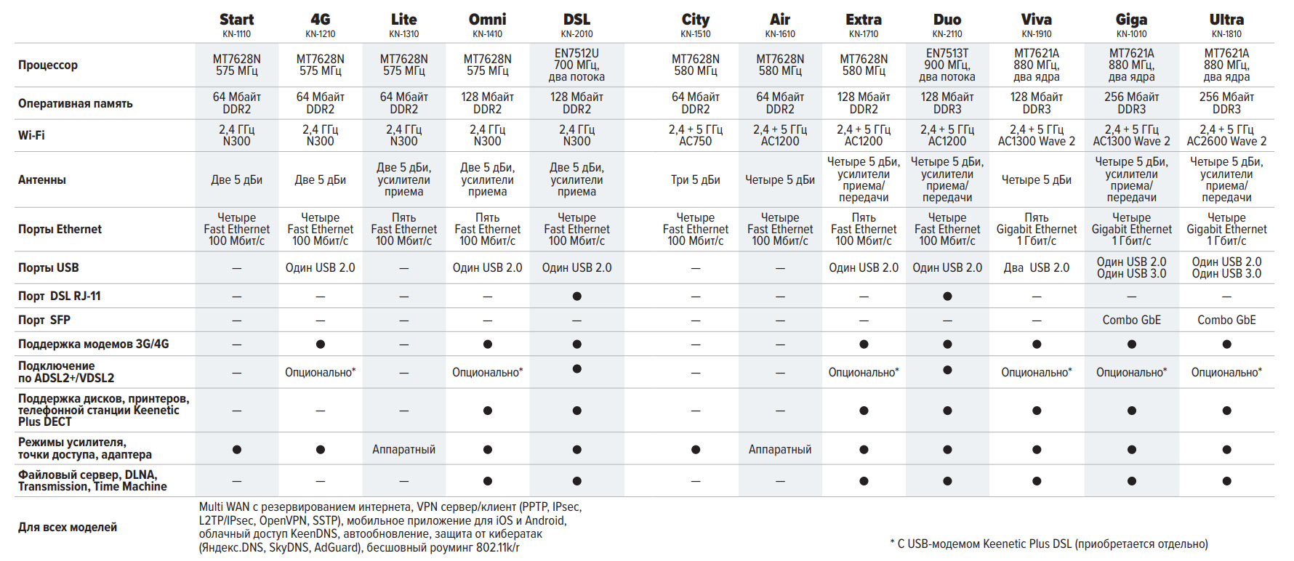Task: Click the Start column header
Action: click(x=236, y=20)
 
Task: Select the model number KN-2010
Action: click(x=576, y=34)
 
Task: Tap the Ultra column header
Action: click(x=1226, y=20)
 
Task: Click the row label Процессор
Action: click(x=48, y=65)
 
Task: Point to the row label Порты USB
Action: click(x=48, y=267)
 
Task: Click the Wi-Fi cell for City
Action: click(x=695, y=135)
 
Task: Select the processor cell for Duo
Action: click(x=947, y=65)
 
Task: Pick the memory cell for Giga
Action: click(x=1131, y=103)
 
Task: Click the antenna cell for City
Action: click(x=695, y=179)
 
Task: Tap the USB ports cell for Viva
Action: click(x=1036, y=267)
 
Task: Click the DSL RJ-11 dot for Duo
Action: click(x=947, y=296)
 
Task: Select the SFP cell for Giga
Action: click(x=1131, y=320)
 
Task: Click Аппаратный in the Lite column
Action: click(x=403, y=449)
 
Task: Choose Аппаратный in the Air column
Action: click(x=780, y=449)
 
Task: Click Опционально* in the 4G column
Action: click(x=320, y=372)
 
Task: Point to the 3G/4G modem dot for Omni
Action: click(x=488, y=344)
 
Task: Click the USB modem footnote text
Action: click(x=1048, y=544)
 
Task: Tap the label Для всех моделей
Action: click(x=68, y=527)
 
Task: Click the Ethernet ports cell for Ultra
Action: click(x=1226, y=229)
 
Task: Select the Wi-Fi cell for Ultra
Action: click(x=1226, y=135)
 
